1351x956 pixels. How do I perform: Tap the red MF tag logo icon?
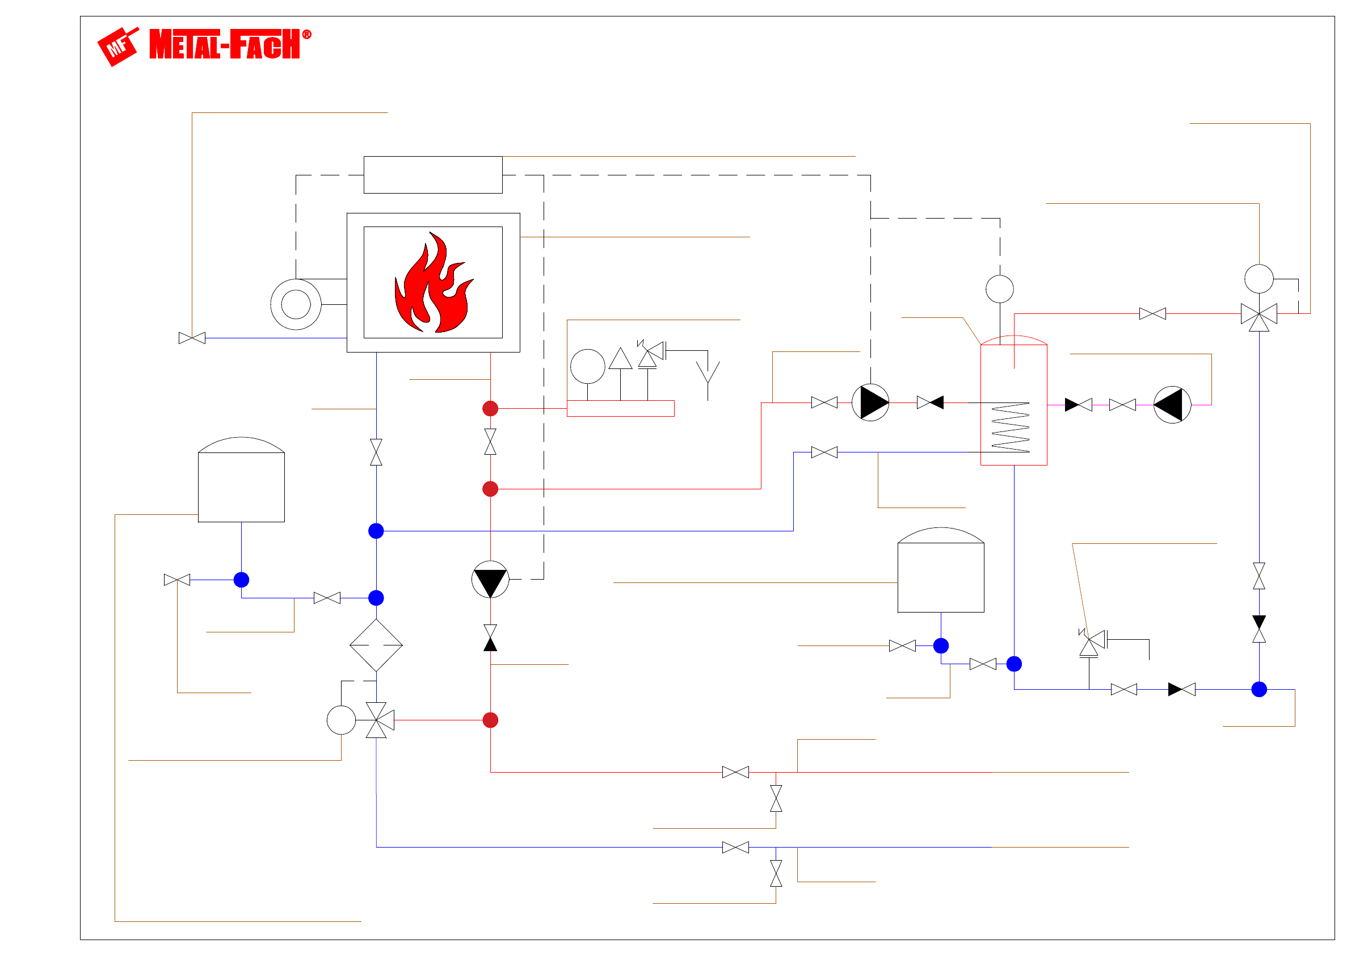(118, 47)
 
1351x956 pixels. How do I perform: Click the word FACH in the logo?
(265, 45)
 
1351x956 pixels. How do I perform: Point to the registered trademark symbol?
(306, 35)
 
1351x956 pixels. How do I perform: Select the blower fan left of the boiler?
(296, 304)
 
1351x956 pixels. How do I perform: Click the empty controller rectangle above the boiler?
(432, 175)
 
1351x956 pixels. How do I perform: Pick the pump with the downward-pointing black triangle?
(490, 580)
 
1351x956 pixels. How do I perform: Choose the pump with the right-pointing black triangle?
(870, 402)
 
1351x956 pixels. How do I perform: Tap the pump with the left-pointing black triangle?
(1172, 405)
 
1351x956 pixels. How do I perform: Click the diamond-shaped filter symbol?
(376, 645)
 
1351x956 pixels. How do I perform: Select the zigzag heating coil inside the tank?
(1011, 428)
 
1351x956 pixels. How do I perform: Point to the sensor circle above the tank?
(1000, 289)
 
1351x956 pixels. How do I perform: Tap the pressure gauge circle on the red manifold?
(587, 366)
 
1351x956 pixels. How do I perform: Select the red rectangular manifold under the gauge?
(620, 409)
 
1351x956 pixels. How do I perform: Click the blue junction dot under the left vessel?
(241, 580)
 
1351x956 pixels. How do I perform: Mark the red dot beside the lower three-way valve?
(490, 720)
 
